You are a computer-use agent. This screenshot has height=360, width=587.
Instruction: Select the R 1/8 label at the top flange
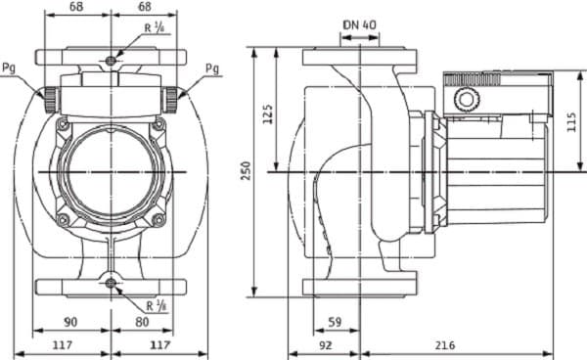coord(153,28)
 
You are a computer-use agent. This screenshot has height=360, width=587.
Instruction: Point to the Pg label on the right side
coord(212,67)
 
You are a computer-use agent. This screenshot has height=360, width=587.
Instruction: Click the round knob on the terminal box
coord(467,100)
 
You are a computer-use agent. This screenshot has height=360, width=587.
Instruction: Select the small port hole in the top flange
coord(112,61)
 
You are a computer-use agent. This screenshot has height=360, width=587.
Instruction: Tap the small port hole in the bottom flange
coord(112,284)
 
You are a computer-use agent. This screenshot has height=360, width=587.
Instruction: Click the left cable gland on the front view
coord(47,96)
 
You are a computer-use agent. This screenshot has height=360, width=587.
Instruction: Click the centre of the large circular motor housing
coord(112,171)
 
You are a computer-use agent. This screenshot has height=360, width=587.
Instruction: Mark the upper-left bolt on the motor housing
coord(64,124)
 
